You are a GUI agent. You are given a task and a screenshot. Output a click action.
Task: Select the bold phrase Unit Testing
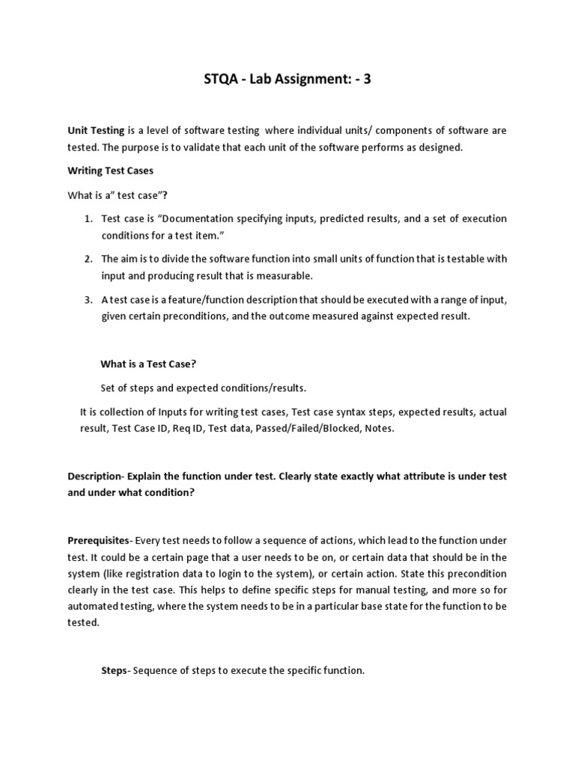click(96, 130)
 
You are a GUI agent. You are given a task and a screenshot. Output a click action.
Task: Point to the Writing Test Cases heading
click(110, 171)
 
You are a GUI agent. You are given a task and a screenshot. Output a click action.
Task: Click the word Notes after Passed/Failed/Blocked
click(377, 429)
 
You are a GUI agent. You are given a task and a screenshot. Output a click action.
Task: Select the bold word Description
click(94, 477)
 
